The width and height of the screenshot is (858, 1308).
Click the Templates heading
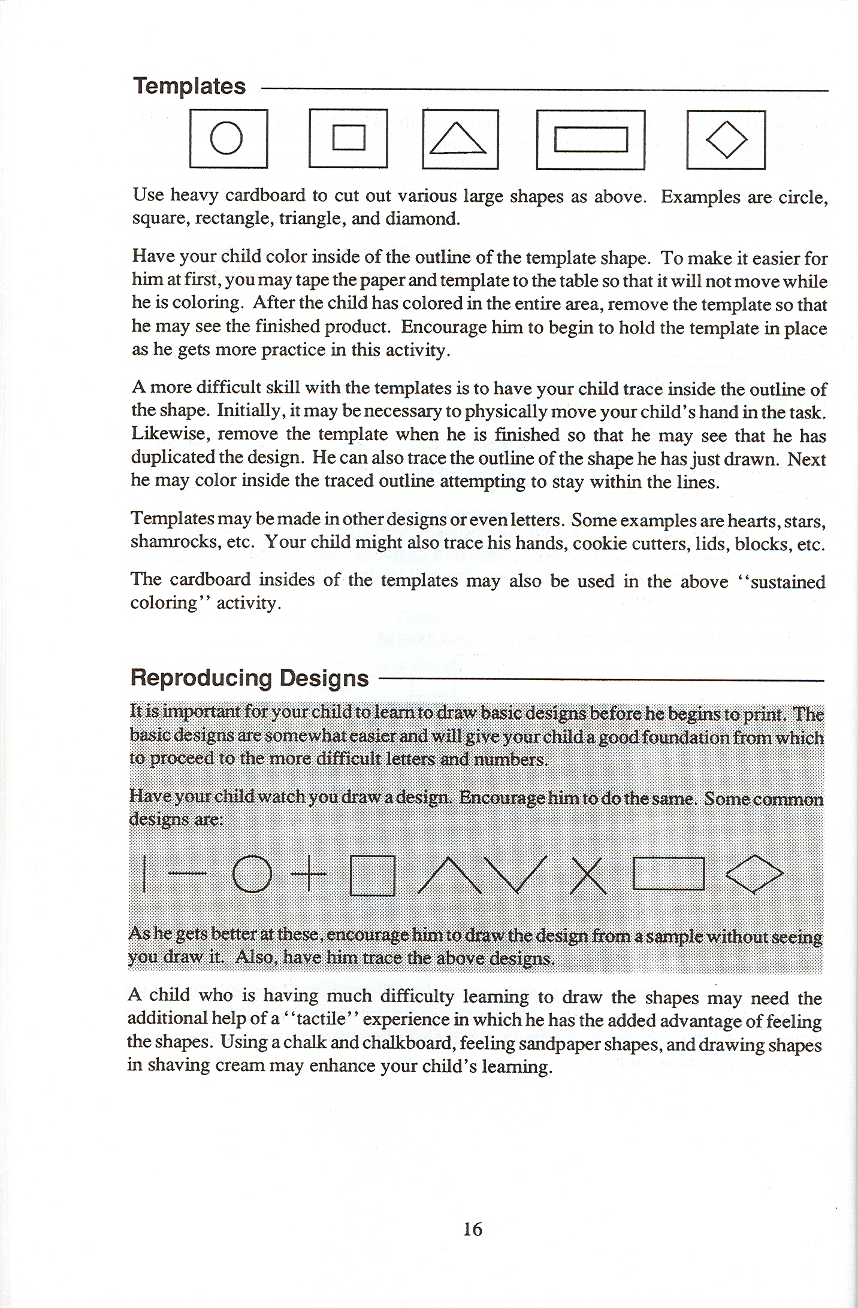coord(189,86)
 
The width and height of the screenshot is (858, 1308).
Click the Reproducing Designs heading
coord(249,678)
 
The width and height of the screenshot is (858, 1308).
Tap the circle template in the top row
coord(228,139)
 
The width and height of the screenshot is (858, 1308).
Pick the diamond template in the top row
coord(726,140)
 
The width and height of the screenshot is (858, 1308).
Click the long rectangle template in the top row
coord(590,140)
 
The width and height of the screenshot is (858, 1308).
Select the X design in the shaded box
coord(588,875)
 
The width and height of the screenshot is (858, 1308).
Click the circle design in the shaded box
coord(252,874)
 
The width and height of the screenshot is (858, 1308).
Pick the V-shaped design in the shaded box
coord(515,875)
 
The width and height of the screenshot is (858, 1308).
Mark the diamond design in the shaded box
coord(754,875)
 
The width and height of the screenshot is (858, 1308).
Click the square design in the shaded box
coord(372,875)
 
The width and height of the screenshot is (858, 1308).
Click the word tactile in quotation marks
coord(316,1019)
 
